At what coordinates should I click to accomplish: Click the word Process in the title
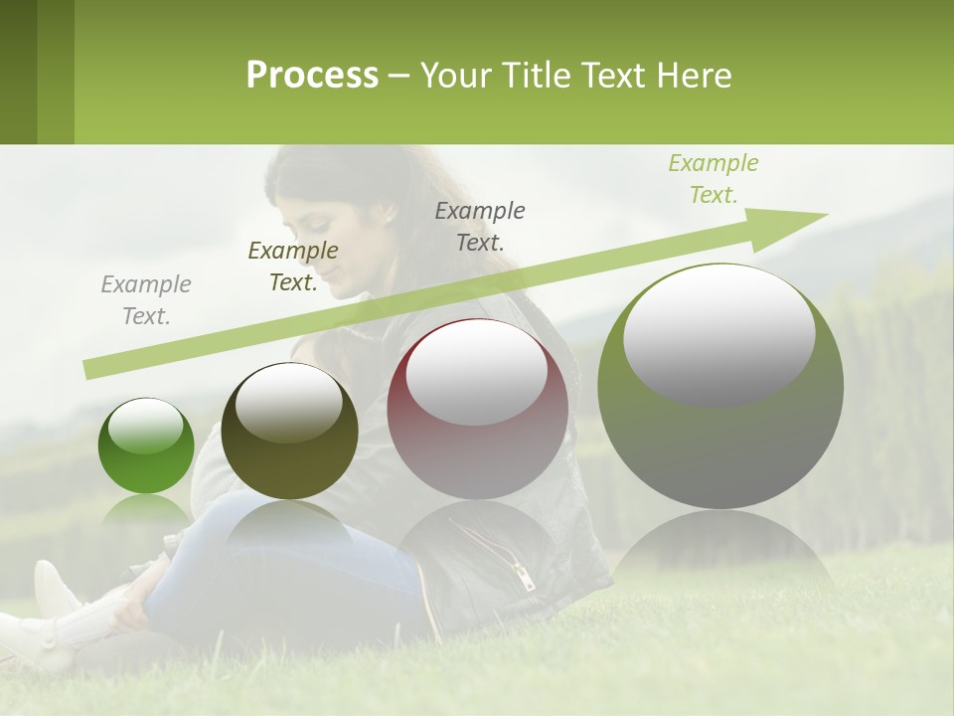tap(312, 76)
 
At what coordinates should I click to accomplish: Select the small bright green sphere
tap(146, 446)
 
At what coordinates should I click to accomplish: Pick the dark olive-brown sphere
tap(289, 431)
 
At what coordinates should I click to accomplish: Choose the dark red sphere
tap(477, 409)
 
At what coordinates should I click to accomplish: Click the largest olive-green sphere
tap(720, 386)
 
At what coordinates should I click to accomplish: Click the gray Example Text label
tap(146, 300)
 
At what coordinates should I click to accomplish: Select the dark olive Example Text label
tap(293, 267)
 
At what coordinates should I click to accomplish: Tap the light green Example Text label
tap(714, 179)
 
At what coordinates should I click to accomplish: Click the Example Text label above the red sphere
tap(480, 226)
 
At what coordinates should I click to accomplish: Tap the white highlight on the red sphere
tap(477, 370)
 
